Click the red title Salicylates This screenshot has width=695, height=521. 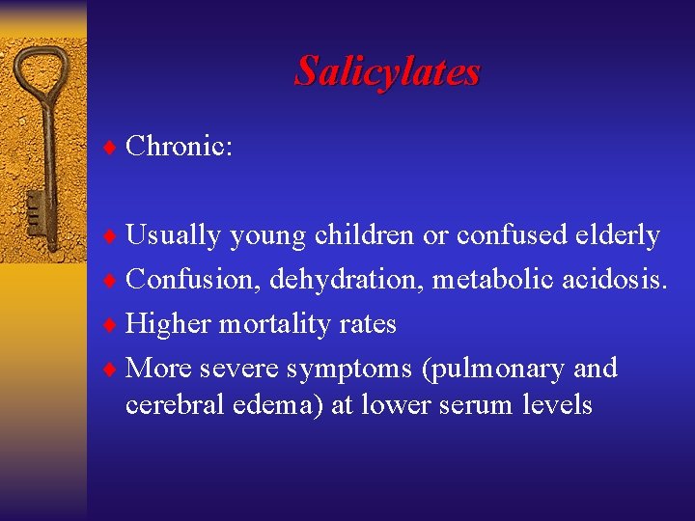[387, 70]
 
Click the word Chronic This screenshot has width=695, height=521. [179, 147]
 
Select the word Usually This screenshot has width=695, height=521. [173, 235]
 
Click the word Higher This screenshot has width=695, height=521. [169, 324]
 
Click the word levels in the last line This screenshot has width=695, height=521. [557, 404]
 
